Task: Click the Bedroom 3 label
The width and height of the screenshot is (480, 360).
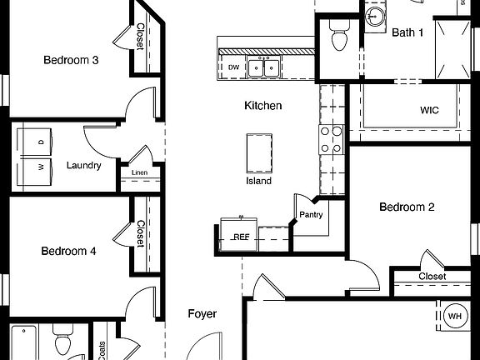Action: pos(72,60)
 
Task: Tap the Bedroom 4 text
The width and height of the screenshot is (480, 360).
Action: pos(69,250)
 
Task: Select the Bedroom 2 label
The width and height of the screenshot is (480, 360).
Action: pos(407,207)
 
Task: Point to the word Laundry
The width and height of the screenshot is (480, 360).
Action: pos(84,165)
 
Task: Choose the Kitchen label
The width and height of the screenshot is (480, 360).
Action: pos(262,106)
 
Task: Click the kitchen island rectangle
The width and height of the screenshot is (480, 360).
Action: pos(258,152)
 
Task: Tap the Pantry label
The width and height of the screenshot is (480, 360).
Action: pos(311,214)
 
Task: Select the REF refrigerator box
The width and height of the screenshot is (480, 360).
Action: pos(240,236)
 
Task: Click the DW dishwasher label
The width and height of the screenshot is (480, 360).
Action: pos(234,67)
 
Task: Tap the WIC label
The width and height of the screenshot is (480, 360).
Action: pos(429,110)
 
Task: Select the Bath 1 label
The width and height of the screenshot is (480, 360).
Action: pos(408,32)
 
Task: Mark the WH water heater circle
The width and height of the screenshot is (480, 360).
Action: pos(455,316)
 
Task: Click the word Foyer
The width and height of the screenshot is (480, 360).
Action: pos(202,314)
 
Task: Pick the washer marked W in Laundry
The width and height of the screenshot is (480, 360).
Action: pos(39,165)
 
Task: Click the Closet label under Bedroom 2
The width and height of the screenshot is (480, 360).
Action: pos(432,276)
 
